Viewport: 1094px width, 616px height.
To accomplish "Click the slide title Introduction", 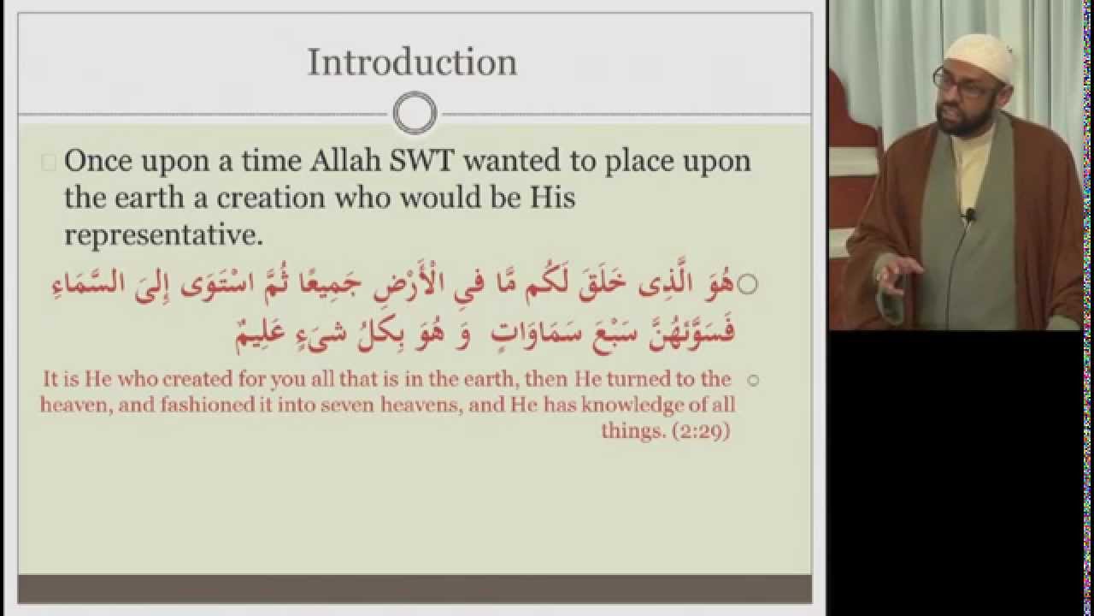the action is (x=412, y=62).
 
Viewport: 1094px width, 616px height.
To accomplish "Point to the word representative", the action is (x=163, y=235).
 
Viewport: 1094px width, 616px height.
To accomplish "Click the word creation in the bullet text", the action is (x=271, y=198).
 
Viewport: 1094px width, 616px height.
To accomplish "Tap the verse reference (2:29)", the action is (x=702, y=431).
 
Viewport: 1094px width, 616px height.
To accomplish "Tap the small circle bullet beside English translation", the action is (x=753, y=381).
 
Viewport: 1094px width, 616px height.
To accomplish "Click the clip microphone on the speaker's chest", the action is (x=969, y=214).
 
